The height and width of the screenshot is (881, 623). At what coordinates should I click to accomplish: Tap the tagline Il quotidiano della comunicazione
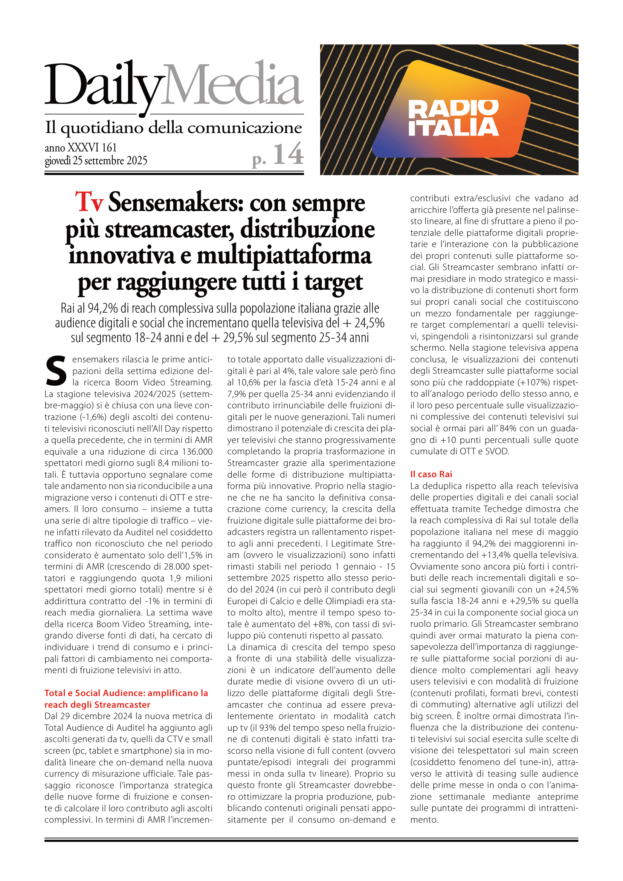[x=173, y=128]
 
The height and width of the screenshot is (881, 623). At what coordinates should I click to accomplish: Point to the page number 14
[x=288, y=155]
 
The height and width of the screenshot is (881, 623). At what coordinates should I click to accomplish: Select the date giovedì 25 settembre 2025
[x=96, y=160]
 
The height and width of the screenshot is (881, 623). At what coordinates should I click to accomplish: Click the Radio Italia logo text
[x=454, y=118]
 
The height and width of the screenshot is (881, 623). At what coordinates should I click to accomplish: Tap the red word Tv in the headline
[x=89, y=202]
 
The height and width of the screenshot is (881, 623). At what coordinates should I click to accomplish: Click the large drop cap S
[x=56, y=371]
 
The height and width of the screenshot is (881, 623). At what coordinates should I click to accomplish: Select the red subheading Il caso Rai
[x=431, y=474]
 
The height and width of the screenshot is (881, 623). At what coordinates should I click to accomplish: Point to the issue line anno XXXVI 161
[x=81, y=148]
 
